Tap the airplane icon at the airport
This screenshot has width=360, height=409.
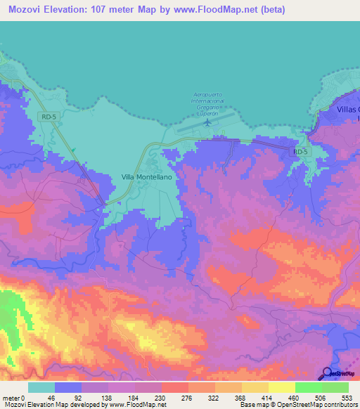click(x=207, y=123)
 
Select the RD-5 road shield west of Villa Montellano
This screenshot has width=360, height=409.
click(x=48, y=117)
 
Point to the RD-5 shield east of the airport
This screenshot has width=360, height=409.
click(x=300, y=151)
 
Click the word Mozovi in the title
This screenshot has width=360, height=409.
click(x=25, y=9)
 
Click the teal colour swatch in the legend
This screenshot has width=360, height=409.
click(x=41, y=387)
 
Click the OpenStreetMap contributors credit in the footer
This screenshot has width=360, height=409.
click(x=318, y=405)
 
